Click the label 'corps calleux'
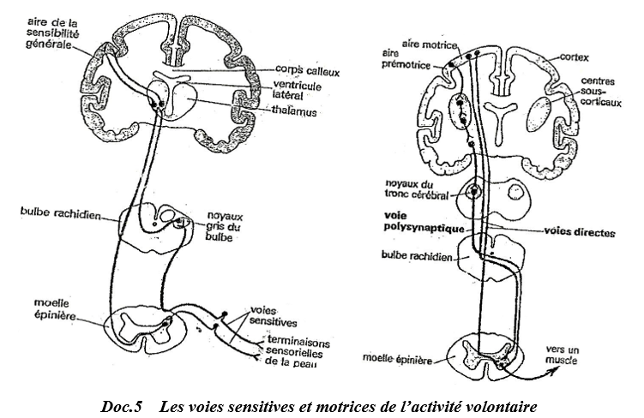308,70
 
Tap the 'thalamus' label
294,111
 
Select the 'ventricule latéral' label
298,90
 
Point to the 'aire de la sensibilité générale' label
52,33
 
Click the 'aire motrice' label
430,45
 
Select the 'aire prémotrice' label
406,59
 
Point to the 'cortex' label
575,58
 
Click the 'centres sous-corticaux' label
601,92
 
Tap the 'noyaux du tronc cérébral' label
416,190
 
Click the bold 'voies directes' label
580,233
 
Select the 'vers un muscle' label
562,355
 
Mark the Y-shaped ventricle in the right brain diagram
500,119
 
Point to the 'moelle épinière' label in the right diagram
397,359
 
